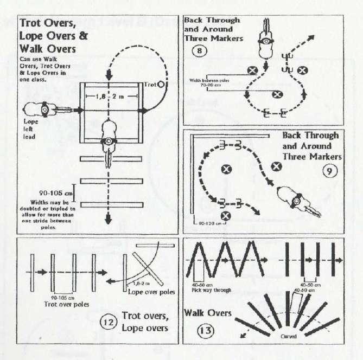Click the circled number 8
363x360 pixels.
[x=199, y=53]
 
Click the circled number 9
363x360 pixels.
[x=330, y=172]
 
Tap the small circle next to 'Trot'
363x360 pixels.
[x=163, y=85]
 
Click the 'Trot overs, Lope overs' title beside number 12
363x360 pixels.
[x=145, y=322]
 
